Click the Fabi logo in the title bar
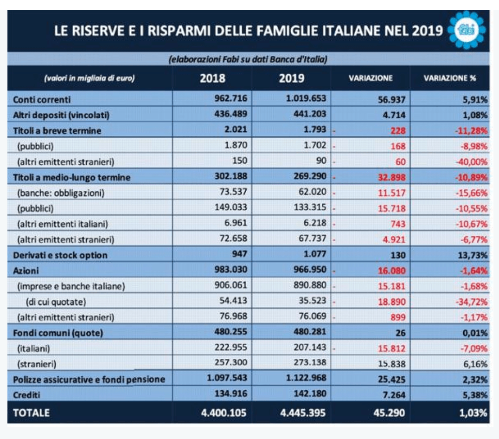pyautogui.click(x=467, y=30)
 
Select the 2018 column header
pyautogui.click(x=212, y=78)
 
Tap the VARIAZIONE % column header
pyautogui.click(x=449, y=78)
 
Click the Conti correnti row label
pyautogui.click(x=42, y=100)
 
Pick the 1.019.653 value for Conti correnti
pyautogui.click(x=306, y=98)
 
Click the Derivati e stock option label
pyautogui.click(x=60, y=255)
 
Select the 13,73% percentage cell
pyautogui.click(x=472, y=255)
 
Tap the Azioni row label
pyautogui.click(x=26, y=271)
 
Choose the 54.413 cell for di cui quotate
pyautogui.click(x=233, y=301)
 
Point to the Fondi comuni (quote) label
pyautogui.click(x=58, y=333)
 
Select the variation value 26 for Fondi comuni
pyautogui.click(x=400, y=333)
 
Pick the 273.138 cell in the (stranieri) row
pyautogui.click(x=310, y=362)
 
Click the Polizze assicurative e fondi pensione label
pyautogui.click(x=89, y=380)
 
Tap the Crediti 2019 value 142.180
pyautogui.click(x=310, y=394)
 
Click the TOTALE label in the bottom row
pyautogui.click(x=31, y=413)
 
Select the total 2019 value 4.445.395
pyautogui.click(x=303, y=413)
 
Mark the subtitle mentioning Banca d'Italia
pyautogui.click(x=248, y=59)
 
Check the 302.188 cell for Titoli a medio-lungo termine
pyautogui.click(x=231, y=176)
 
